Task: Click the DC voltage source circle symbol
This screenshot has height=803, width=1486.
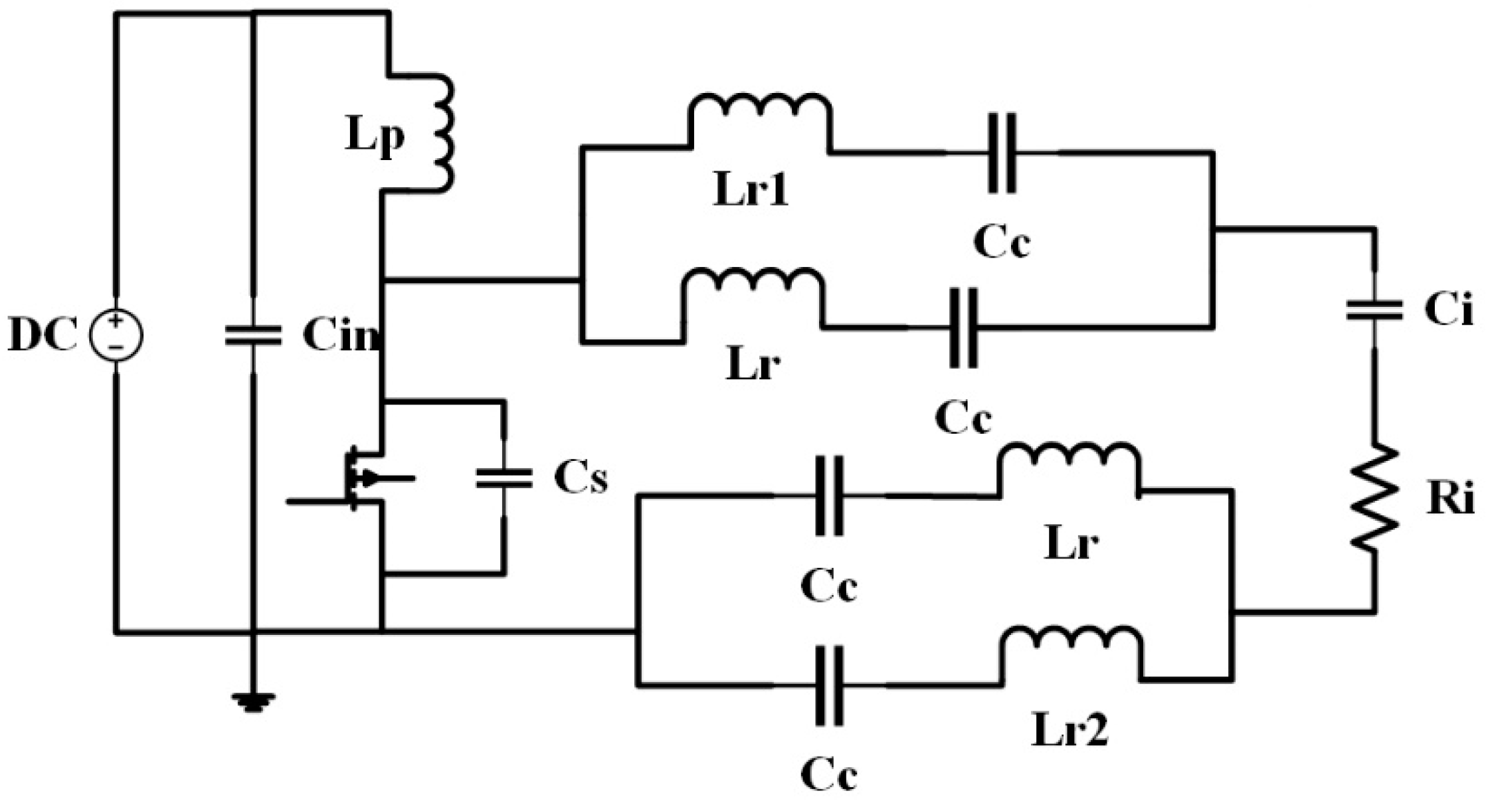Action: pyautogui.click(x=116, y=336)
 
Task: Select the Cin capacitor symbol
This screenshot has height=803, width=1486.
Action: pyautogui.click(x=253, y=335)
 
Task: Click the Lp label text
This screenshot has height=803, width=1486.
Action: pyautogui.click(x=374, y=139)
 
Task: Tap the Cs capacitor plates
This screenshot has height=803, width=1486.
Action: pyautogui.click(x=504, y=478)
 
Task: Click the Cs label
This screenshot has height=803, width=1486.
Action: pyautogui.click(x=581, y=478)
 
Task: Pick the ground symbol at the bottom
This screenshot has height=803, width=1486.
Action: pyautogui.click(x=253, y=701)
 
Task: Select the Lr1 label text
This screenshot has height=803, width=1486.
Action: pyautogui.click(x=751, y=192)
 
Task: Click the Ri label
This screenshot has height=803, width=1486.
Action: pyautogui.click(x=1449, y=499)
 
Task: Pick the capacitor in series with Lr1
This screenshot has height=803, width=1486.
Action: pyautogui.click(x=1002, y=153)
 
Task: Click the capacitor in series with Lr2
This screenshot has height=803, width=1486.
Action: pyautogui.click(x=829, y=685)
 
